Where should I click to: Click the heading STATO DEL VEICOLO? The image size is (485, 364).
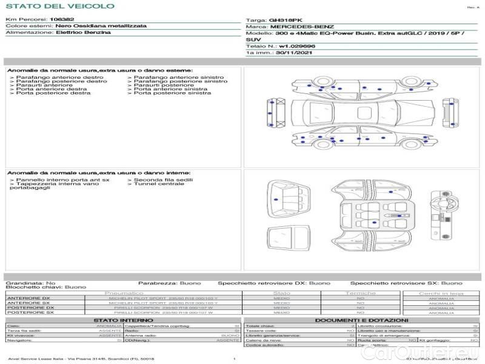[60, 6]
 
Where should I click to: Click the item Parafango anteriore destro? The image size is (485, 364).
[59, 78]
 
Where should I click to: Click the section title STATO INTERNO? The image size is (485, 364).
[123, 320]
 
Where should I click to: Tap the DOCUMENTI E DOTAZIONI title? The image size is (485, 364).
[361, 320]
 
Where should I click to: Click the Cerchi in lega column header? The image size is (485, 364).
[441, 293]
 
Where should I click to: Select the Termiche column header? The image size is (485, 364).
[360, 293]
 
